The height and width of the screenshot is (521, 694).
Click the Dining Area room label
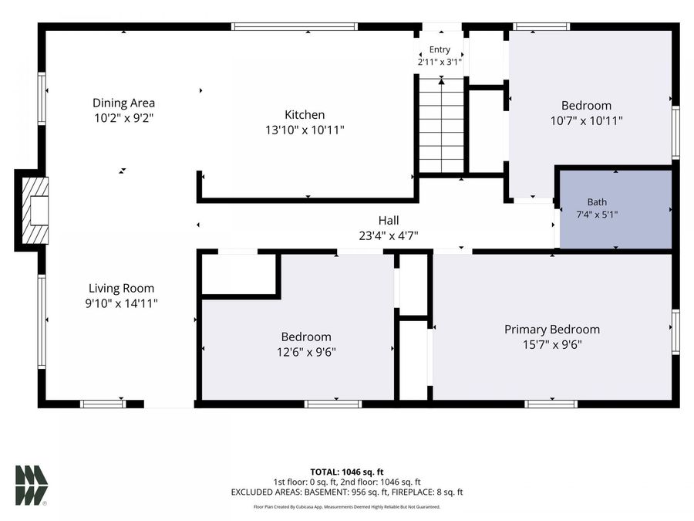click(123, 103)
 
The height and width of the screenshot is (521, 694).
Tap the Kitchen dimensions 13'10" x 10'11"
click(305, 130)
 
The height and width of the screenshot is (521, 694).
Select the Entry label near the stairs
click(440, 49)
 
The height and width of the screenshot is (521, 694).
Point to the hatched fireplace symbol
click(35, 211)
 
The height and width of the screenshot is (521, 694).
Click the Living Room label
click(121, 289)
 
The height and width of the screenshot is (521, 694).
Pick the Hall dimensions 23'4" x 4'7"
click(389, 235)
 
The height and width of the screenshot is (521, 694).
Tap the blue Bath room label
click(597, 202)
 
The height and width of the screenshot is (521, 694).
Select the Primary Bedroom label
click(552, 330)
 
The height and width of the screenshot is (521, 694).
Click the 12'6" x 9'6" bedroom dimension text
click(306, 352)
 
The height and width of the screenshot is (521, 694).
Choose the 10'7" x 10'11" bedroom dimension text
click(587, 120)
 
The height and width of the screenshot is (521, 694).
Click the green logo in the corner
click(32, 485)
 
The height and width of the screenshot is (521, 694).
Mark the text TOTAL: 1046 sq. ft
click(346, 472)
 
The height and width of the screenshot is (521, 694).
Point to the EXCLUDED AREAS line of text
click(346, 492)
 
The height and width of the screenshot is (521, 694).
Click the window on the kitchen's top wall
click(295, 26)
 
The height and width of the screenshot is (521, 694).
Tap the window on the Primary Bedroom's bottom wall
click(551, 404)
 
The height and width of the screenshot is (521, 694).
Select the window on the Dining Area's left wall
click(42, 98)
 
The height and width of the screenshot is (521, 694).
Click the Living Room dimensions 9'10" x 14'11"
click(121, 303)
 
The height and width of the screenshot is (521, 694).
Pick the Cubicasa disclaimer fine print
click(346, 506)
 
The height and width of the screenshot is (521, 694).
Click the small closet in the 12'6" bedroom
click(240, 274)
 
